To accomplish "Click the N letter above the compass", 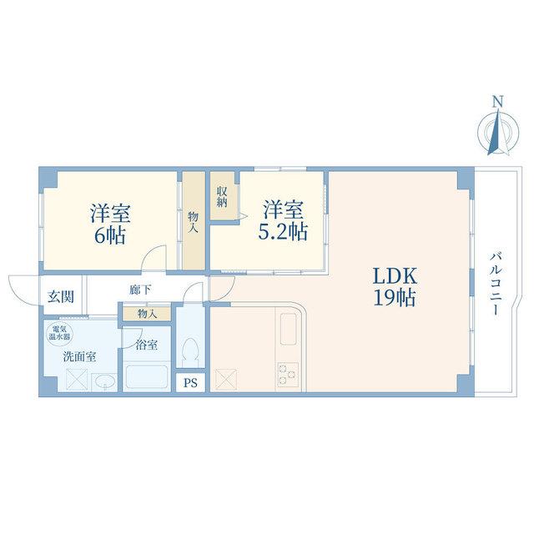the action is point(498,101).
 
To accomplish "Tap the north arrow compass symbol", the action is point(498,132).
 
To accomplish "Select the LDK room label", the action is point(395,276).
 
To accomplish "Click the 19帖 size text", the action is point(395,298).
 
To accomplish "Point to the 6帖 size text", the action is point(109,235).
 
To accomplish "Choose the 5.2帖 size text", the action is point(283,232).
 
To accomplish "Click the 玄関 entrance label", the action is point(61,296).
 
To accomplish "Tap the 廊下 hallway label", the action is point(140,290).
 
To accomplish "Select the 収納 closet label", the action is point(222,197).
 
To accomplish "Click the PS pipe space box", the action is point(191,383).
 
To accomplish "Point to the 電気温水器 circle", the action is point(59,333).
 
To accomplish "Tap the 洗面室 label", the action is point(80,356).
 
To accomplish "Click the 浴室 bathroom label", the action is point(147,345).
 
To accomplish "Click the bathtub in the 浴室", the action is point(147,377).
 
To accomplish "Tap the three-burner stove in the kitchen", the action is point(288,375).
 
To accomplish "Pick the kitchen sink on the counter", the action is point(288,329).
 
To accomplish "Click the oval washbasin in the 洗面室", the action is point(105,382).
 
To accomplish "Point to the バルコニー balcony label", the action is point(496,284).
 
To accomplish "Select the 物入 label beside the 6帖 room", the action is point(193,222).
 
